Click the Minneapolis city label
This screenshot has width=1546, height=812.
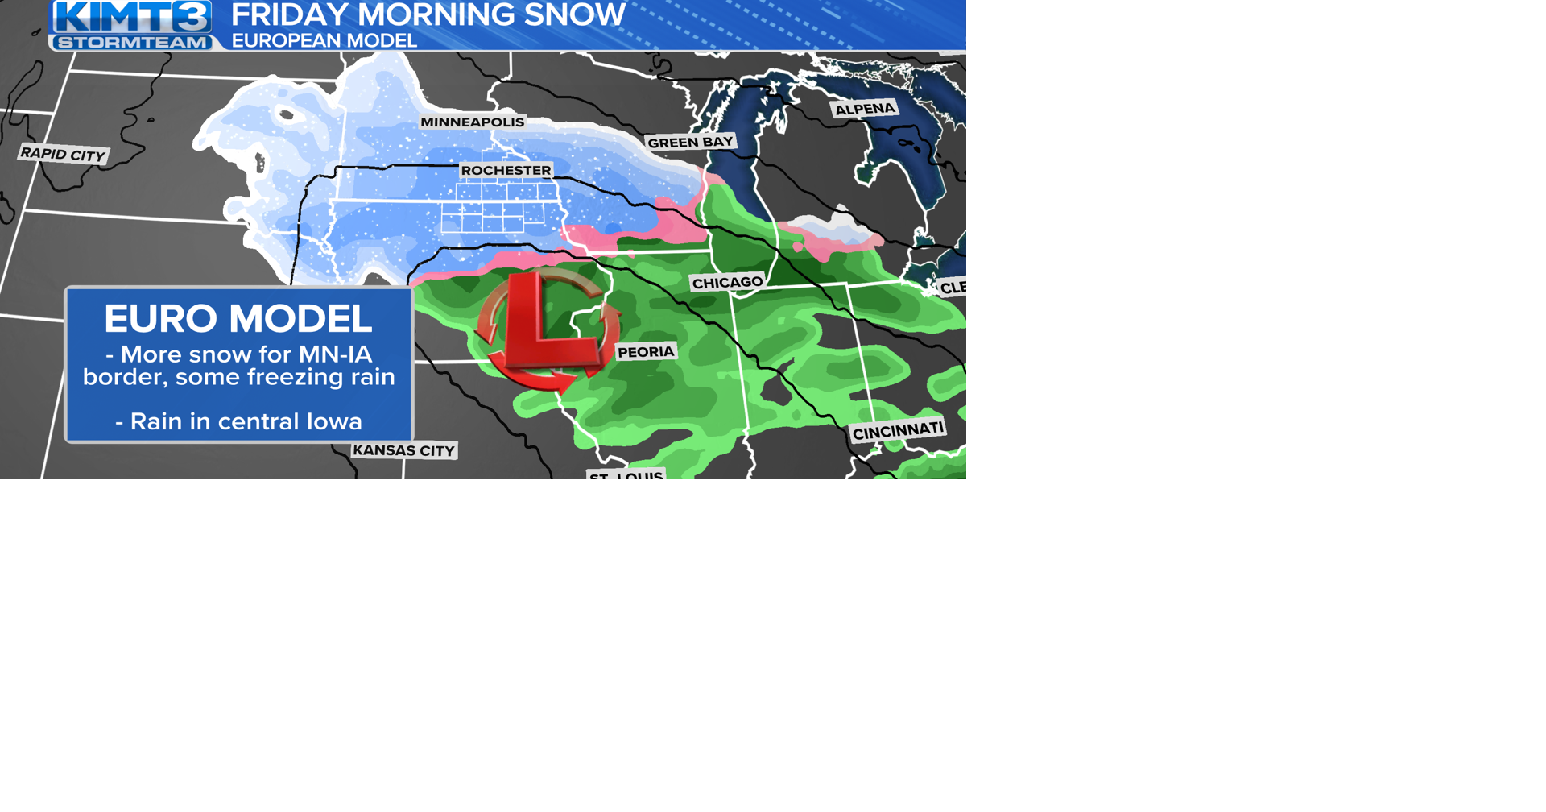pos(472,122)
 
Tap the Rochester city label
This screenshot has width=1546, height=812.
pos(506,171)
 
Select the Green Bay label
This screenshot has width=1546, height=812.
pos(690,143)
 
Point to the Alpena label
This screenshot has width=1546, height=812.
pos(865,109)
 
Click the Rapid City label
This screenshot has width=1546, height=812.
pos(63,154)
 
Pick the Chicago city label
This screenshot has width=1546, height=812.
pos(727,283)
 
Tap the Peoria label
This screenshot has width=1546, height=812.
pos(646,352)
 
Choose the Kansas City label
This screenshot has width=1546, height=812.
pos(404,450)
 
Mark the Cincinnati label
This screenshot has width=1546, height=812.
pos(898,431)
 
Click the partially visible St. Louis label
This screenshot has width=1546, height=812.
pos(626,475)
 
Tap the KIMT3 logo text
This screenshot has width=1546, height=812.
pos(133,17)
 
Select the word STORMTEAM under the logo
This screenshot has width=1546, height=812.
pos(133,42)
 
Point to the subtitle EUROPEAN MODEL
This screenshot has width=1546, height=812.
pos(324,40)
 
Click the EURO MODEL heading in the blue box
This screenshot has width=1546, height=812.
pos(238,318)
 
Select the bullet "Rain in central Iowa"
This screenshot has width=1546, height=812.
pos(238,421)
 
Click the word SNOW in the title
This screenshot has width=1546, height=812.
pos(586,14)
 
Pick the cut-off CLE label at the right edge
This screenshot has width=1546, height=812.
pos(953,288)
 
